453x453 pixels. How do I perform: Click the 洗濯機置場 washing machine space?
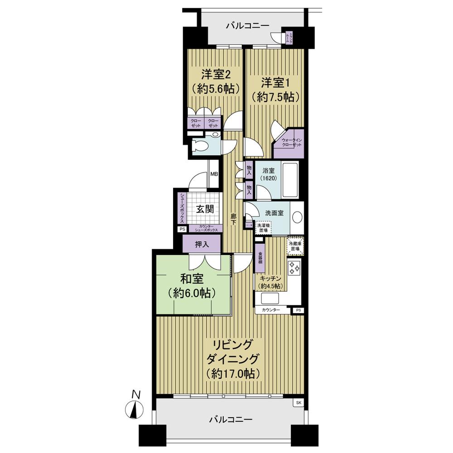click(x=262, y=228)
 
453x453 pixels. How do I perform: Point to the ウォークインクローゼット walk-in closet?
click(x=289, y=143)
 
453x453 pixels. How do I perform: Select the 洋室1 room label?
click(x=275, y=89)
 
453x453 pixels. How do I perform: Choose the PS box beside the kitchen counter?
click(x=298, y=310)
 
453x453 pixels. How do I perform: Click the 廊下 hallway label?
click(x=233, y=220)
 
